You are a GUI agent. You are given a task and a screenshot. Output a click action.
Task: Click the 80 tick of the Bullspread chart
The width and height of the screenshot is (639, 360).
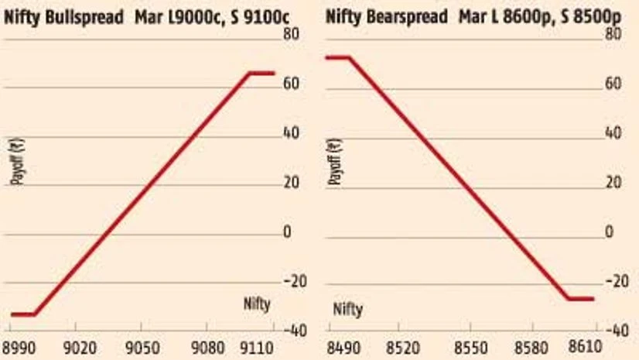coord(292,34)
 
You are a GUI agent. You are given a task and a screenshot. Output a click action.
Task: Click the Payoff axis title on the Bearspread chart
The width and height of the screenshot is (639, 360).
coord(337,160)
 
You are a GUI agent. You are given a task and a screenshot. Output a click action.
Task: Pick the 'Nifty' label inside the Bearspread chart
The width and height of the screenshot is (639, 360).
coord(348,310)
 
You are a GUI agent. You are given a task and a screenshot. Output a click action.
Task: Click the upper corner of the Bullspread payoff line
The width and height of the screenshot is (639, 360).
coord(250,73)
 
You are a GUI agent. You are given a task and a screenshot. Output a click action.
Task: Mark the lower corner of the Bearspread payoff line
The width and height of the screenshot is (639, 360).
coord(568,298)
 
